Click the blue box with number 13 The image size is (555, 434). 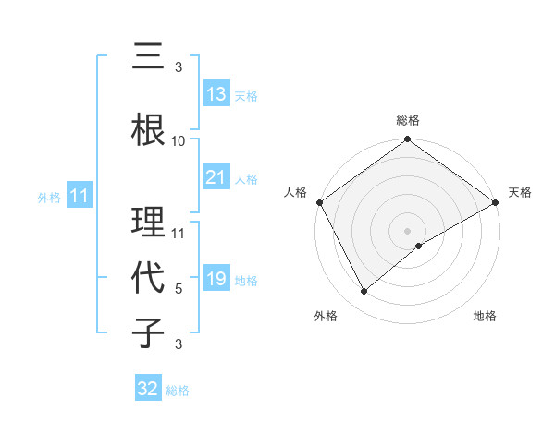point(216,94)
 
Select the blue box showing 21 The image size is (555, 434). point(216,177)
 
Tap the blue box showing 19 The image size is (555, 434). point(216,279)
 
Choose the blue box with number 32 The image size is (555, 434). point(148,389)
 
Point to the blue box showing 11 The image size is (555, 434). point(79,196)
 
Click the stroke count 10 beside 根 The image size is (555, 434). point(179,141)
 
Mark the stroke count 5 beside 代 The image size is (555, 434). point(179,289)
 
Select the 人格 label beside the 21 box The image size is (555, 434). point(246,179)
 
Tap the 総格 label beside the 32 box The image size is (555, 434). point(178,391)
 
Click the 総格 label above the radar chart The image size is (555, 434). point(407,121)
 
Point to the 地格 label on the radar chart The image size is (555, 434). point(485,317)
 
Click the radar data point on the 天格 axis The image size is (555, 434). point(496,202)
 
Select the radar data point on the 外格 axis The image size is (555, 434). point(364,291)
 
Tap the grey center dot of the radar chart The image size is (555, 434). point(407,230)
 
